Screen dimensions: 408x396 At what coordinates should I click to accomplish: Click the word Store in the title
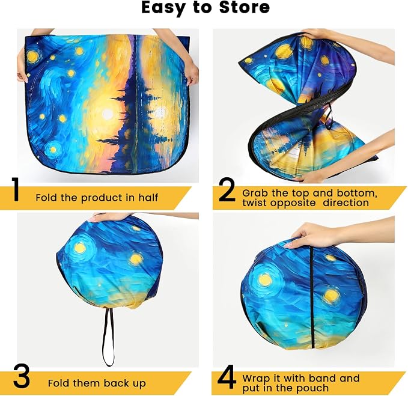tap(245, 8)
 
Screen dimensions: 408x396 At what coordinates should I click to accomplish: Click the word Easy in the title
tap(163, 8)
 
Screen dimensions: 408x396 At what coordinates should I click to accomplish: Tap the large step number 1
tap(16, 190)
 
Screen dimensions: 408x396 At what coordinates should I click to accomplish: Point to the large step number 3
tap(22, 377)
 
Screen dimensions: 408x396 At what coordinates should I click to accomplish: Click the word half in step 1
tap(148, 198)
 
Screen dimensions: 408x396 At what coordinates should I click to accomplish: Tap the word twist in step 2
tap(255, 203)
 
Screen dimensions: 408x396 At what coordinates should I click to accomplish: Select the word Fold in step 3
tap(58, 383)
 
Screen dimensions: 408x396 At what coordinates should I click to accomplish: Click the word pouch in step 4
tap(313, 388)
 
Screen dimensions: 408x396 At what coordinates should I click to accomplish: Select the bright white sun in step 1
tap(108, 114)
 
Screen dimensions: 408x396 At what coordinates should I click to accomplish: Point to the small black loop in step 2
tap(329, 117)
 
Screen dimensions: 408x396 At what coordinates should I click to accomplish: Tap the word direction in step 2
tap(346, 203)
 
